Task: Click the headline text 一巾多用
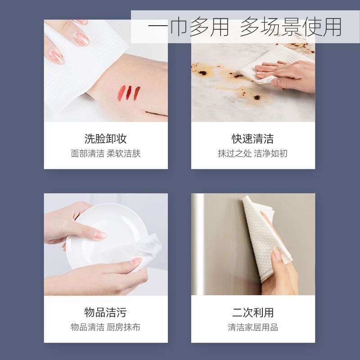[188, 27]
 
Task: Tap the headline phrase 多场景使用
[291, 27]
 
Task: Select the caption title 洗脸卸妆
[106, 139]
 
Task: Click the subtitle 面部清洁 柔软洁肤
[106, 153]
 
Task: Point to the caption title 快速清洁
[253, 139]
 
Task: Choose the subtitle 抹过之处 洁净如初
[253, 153]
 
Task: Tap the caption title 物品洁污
[106, 312]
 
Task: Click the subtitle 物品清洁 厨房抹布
[106, 327]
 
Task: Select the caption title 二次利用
[253, 312]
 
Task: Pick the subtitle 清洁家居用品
[253, 327]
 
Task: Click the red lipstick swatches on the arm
[129, 93]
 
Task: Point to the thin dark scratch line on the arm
[156, 113]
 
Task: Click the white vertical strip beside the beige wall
[198, 244]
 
